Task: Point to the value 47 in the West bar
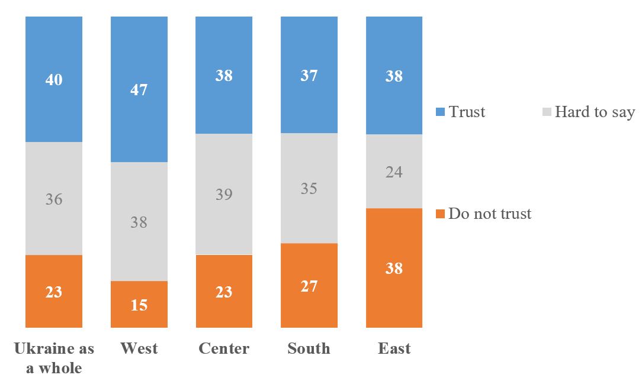pyautogui.click(x=139, y=90)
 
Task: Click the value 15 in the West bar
pyautogui.click(x=139, y=305)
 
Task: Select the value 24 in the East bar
pyautogui.click(x=394, y=172)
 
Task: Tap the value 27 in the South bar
pyautogui.click(x=309, y=286)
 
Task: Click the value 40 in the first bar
pyautogui.click(x=54, y=79)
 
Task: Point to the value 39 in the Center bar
pyautogui.click(x=224, y=194)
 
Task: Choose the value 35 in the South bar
pyautogui.click(x=309, y=189)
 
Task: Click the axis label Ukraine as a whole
pyautogui.click(x=54, y=358)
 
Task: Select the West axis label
pyautogui.click(x=139, y=348)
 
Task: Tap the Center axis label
pyautogui.click(x=224, y=348)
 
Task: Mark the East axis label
pyautogui.click(x=394, y=348)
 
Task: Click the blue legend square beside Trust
pyautogui.click(x=440, y=112)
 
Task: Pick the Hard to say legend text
pyautogui.click(x=595, y=112)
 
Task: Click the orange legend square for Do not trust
pyautogui.click(x=440, y=214)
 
